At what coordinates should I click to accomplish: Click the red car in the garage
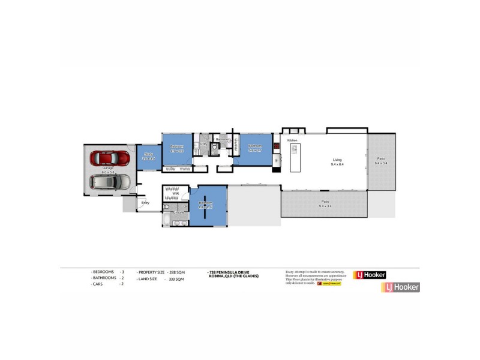click(109, 158)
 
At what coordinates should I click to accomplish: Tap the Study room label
click(148, 155)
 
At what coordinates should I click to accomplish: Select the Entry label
click(145, 203)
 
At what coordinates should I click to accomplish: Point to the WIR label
click(176, 194)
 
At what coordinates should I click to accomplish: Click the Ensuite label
click(178, 212)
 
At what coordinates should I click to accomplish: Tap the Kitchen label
click(292, 140)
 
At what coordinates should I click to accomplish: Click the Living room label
click(337, 160)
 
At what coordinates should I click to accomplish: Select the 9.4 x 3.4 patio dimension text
click(325, 206)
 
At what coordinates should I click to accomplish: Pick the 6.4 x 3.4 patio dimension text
click(381, 163)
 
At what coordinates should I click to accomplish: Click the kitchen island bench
click(295, 158)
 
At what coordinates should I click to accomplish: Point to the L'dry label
click(204, 144)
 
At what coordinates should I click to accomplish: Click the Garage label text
click(108, 168)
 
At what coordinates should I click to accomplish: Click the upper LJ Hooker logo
click(370, 275)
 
